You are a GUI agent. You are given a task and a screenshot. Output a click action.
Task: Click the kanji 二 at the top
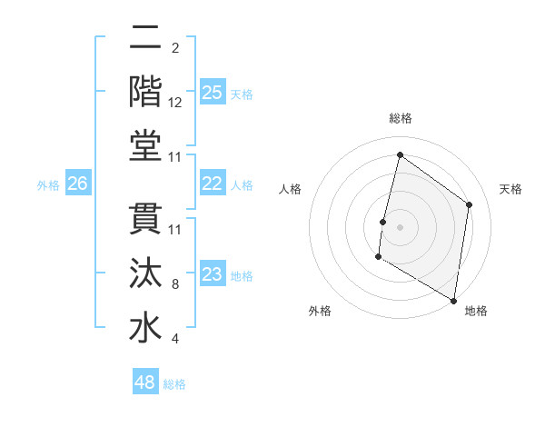(x=145, y=39)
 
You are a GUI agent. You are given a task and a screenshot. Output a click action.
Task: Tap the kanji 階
(x=145, y=93)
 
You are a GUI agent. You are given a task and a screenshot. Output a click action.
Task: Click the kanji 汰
(x=145, y=274)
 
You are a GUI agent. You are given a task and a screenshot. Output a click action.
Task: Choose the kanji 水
(x=145, y=329)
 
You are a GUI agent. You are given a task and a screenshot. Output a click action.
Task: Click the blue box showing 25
(x=212, y=93)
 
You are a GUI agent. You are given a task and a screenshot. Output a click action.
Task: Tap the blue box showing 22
(x=212, y=184)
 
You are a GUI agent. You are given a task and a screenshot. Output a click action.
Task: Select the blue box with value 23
(x=212, y=274)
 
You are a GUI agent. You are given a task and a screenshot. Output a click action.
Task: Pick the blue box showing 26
(x=78, y=184)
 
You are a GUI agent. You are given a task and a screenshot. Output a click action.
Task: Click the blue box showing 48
(x=145, y=382)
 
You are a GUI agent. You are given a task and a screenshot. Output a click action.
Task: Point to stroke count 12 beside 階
(x=175, y=103)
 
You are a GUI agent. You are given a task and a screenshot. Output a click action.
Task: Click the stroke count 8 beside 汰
(x=175, y=284)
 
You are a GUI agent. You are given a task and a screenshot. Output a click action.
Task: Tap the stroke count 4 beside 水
(x=175, y=339)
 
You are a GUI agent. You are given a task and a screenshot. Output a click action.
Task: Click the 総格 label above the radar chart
(x=401, y=118)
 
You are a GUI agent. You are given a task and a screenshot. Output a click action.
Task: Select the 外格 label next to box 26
(x=48, y=185)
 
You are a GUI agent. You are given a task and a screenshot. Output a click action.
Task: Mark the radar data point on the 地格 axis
(x=453, y=300)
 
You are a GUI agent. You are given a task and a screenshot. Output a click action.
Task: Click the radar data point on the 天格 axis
(x=470, y=204)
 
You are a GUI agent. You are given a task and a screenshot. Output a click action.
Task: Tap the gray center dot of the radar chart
(x=400, y=227)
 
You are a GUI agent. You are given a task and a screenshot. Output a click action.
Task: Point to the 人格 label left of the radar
(x=291, y=189)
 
